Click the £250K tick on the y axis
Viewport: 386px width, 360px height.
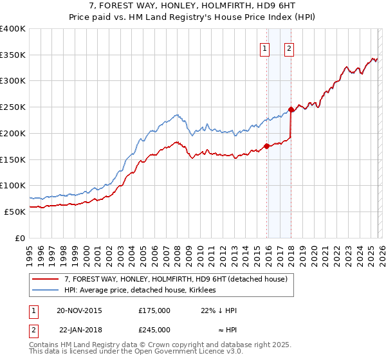(x=13, y=107)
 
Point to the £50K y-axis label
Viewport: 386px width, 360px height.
(x=15, y=212)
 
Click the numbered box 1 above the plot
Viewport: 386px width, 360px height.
(x=265, y=48)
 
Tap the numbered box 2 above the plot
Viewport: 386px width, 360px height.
(x=289, y=48)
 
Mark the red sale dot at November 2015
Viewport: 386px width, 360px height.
(x=266, y=147)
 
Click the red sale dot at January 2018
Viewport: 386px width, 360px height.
(x=291, y=110)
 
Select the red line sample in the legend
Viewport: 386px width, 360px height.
(x=46, y=279)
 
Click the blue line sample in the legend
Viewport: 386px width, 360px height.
(x=46, y=290)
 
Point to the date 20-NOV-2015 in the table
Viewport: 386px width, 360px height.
(x=79, y=310)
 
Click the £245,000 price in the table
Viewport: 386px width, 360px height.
(x=154, y=330)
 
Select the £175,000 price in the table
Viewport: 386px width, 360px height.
(x=154, y=310)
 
